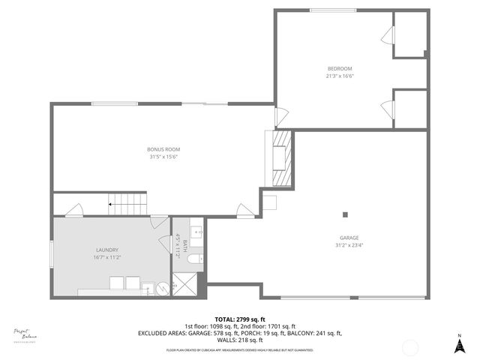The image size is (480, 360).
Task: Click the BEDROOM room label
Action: click(x=339, y=68)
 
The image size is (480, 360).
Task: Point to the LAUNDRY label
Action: click(x=107, y=250)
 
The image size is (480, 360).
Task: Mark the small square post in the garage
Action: click(x=345, y=215)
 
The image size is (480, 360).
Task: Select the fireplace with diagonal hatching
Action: click(x=280, y=157)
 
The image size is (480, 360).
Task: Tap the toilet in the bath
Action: click(x=193, y=259)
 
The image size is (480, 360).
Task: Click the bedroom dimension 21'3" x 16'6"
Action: click(x=339, y=76)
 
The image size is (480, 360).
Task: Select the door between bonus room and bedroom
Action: click(x=279, y=117)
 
